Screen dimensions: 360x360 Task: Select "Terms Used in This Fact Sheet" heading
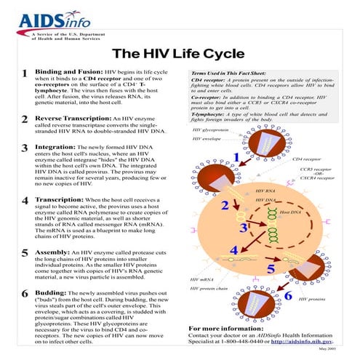229,73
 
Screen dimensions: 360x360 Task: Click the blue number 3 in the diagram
243,228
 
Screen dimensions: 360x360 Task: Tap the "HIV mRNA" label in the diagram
201,279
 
